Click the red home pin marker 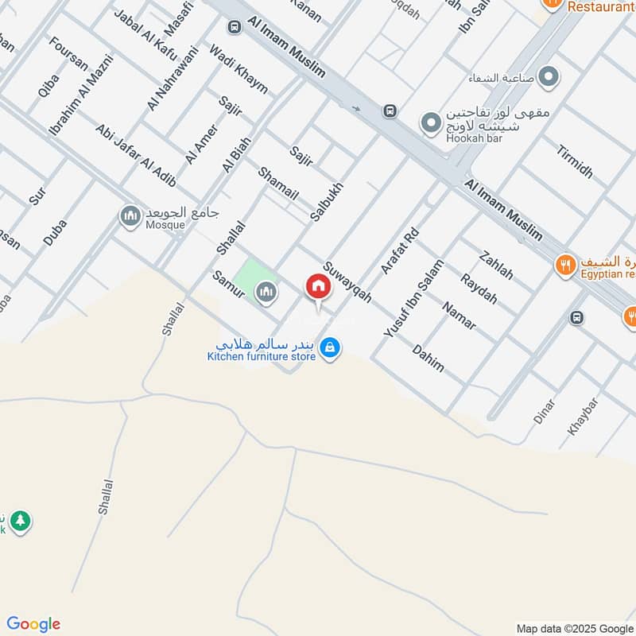(318, 288)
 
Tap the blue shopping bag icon (332, 347)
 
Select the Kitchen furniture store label (262, 356)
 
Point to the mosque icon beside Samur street (266, 293)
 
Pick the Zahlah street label (497, 266)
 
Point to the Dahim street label (429, 359)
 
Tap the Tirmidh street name (574, 162)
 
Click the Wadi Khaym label (238, 69)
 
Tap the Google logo (33, 624)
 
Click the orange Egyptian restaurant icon (565, 265)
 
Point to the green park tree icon (21, 522)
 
